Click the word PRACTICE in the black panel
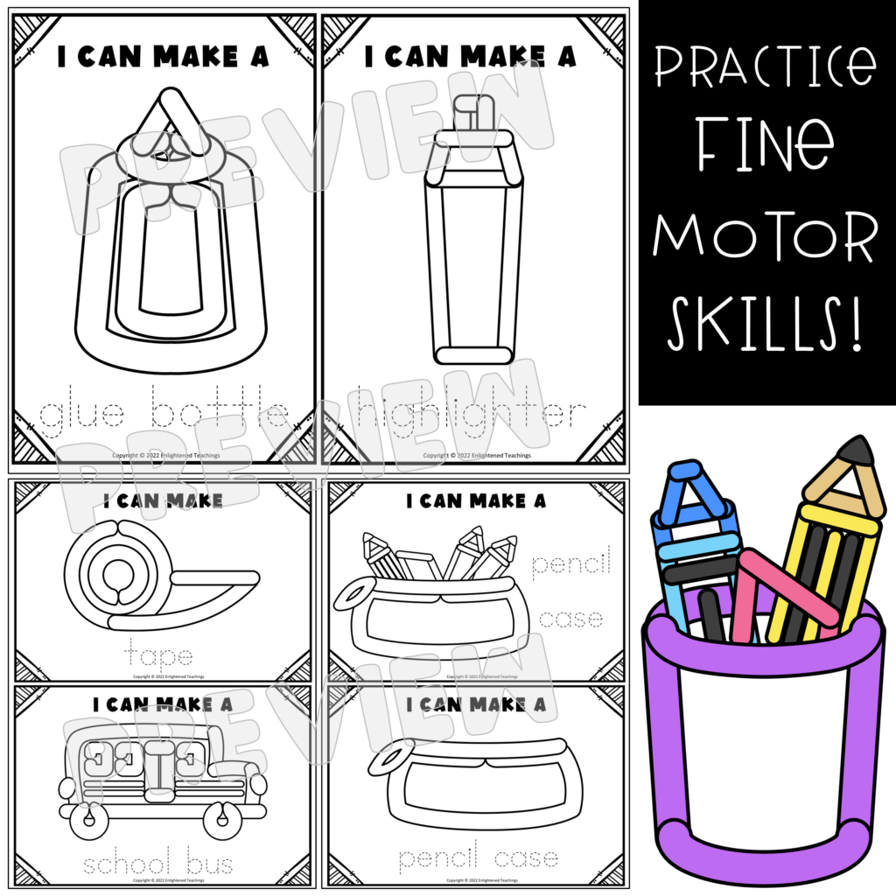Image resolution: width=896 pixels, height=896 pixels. (766, 69)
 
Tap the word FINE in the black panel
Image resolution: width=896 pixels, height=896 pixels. (766, 154)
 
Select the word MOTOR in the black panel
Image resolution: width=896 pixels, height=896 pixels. (766, 237)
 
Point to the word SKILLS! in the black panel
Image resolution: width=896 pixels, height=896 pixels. (766, 323)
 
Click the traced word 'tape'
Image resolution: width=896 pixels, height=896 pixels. (158, 654)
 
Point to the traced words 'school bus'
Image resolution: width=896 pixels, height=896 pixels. (158, 864)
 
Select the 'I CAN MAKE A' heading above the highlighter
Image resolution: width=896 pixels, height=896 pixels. (470, 57)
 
